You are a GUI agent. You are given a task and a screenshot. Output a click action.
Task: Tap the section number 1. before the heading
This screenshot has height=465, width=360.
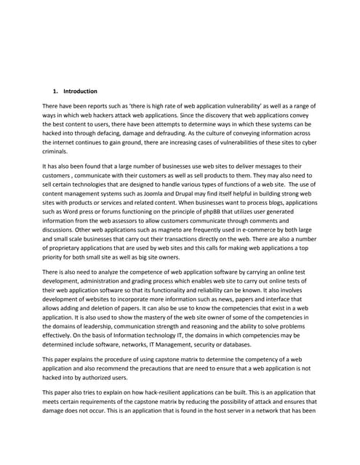point(55,92)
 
